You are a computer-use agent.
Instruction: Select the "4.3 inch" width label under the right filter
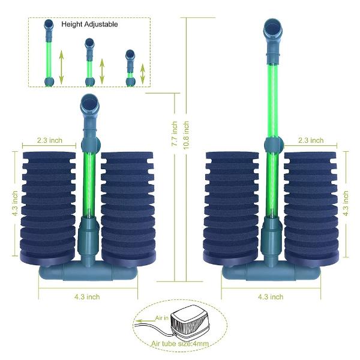[x=270, y=296]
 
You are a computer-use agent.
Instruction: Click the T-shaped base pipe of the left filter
[x=87, y=271]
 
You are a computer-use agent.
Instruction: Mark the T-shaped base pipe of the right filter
[x=270, y=271]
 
